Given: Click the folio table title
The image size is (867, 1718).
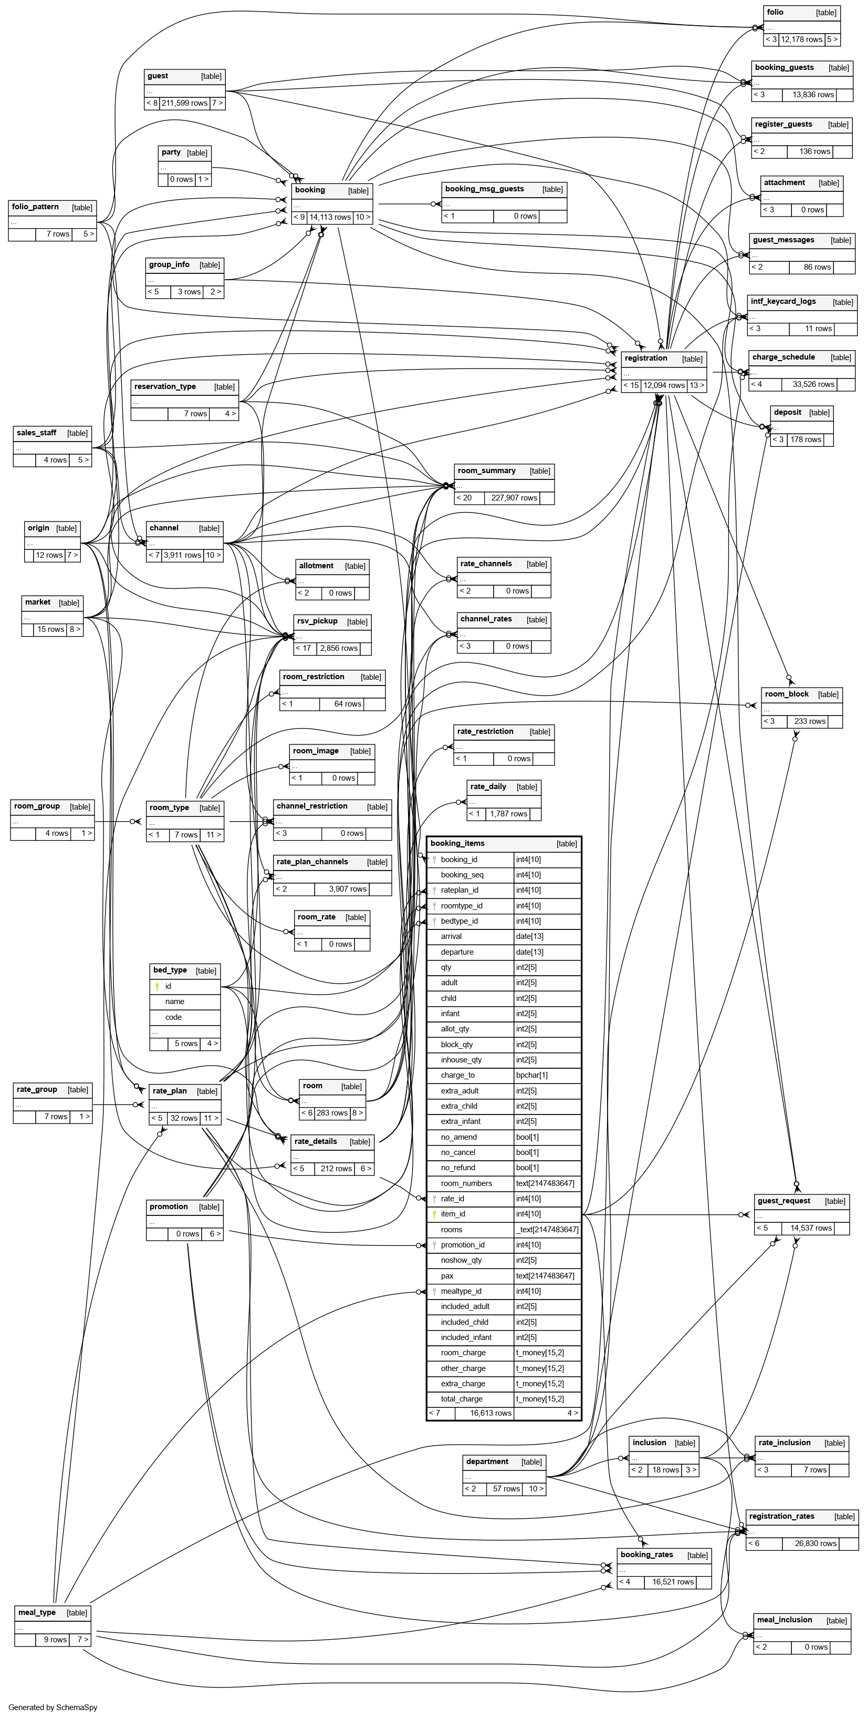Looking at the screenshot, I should (775, 13).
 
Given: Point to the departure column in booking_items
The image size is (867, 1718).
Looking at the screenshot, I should (457, 952).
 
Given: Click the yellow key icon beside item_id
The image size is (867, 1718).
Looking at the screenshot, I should (434, 1214).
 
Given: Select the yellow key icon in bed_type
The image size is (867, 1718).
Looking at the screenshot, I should (156, 986).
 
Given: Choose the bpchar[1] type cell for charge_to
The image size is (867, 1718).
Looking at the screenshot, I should (532, 1075).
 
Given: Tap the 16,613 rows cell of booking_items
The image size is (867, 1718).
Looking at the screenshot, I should (490, 1413).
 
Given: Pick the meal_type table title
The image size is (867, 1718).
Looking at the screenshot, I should (37, 1613).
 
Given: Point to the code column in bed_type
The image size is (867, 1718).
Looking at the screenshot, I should (173, 1018).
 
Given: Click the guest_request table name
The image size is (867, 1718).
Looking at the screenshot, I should (784, 1201).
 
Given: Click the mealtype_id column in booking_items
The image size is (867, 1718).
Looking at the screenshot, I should (461, 1291).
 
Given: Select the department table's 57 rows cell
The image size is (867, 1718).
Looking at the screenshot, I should (506, 1489).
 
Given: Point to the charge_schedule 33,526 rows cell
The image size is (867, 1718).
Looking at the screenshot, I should (813, 385).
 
